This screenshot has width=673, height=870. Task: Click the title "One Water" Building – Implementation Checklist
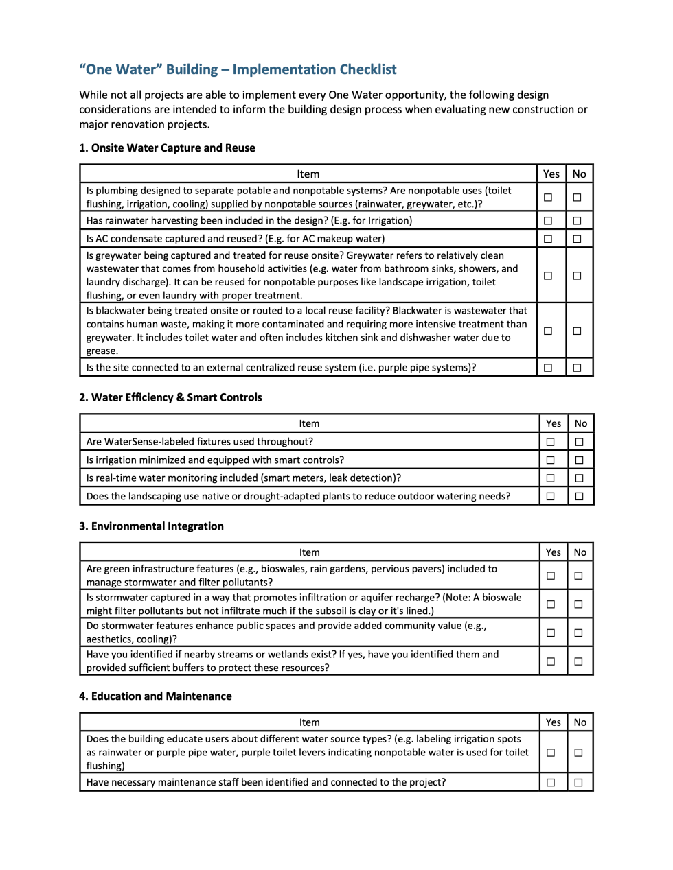click(x=238, y=69)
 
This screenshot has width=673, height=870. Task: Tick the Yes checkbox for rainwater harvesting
click(x=548, y=221)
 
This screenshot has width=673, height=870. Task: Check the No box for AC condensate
click(x=578, y=239)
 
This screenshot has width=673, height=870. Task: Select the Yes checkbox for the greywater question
click(x=548, y=276)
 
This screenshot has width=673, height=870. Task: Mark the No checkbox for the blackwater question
click(x=578, y=331)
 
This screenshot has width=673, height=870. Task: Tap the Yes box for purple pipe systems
click(x=548, y=368)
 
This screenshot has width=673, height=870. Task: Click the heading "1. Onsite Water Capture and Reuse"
click(x=167, y=148)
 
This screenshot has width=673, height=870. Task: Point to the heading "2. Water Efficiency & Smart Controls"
click(x=170, y=397)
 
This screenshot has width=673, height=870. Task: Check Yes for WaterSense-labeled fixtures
click(x=551, y=442)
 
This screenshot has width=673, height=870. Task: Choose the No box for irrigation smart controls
click(x=580, y=460)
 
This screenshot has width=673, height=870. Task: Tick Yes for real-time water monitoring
click(x=551, y=478)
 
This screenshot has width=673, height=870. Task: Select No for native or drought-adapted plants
click(x=580, y=496)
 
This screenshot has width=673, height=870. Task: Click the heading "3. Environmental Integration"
click(x=151, y=526)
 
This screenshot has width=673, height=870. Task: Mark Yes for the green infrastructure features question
click(x=551, y=576)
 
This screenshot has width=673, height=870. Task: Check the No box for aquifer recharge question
click(x=579, y=604)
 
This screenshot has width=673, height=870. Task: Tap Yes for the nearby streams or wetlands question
click(x=551, y=661)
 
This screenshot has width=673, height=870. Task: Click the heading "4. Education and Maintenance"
click(x=155, y=696)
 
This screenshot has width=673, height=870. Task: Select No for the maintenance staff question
click(x=579, y=782)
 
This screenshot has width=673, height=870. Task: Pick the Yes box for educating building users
click(x=551, y=753)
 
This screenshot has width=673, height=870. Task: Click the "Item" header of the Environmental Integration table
click(x=309, y=552)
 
